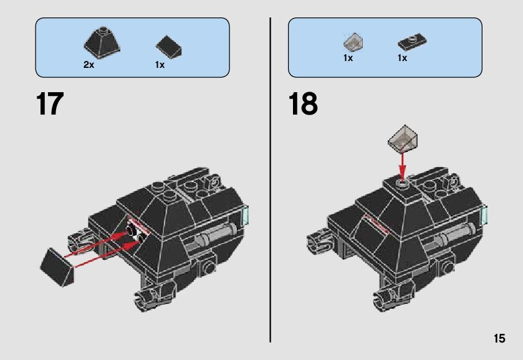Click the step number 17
tap(50, 104)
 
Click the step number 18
tap(303, 104)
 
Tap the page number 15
tap(499, 339)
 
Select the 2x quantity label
tap(89, 65)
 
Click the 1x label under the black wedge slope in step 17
tap(160, 65)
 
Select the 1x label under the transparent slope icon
tap(348, 58)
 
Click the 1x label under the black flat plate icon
tap(402, 58)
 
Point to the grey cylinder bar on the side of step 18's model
tap(454, 237)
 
